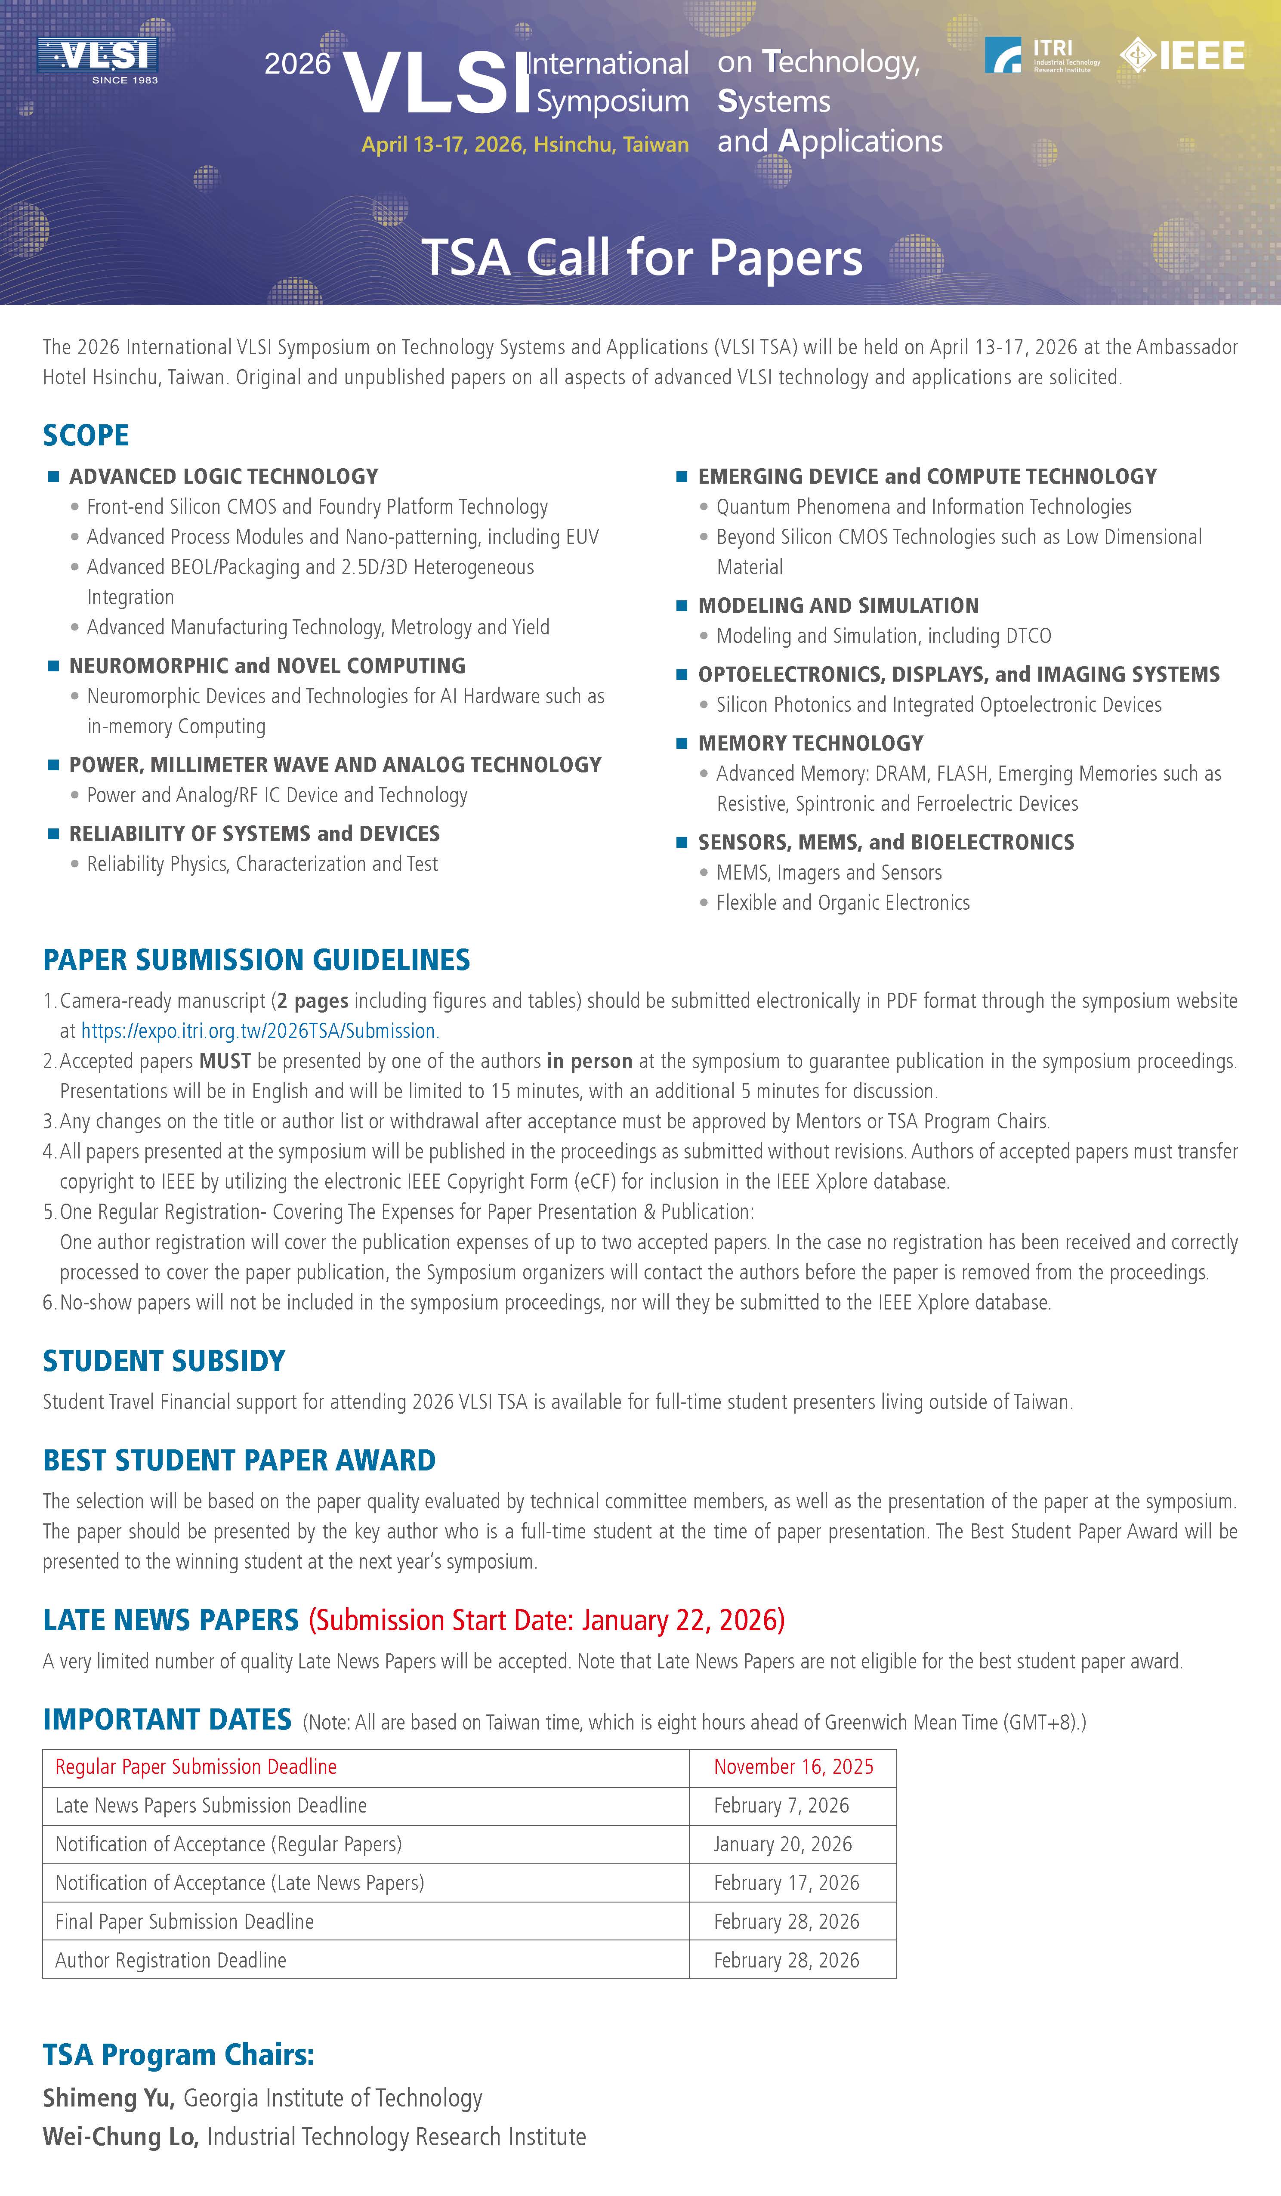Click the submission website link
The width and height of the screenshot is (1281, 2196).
click(258, 1031)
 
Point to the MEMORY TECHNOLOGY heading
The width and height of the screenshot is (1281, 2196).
click(810, 743)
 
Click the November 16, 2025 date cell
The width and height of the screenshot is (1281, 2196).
click(793, 1767)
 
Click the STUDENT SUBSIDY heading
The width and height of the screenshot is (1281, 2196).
click(164, 1361)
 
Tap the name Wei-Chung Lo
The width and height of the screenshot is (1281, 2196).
click(120, 2137)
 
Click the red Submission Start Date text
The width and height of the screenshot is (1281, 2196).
click(546, 1620)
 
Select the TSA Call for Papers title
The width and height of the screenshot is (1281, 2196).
click(642, 258)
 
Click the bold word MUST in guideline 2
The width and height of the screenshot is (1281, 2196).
click(225, 1061)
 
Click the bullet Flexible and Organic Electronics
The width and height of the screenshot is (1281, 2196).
click(843, 903)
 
